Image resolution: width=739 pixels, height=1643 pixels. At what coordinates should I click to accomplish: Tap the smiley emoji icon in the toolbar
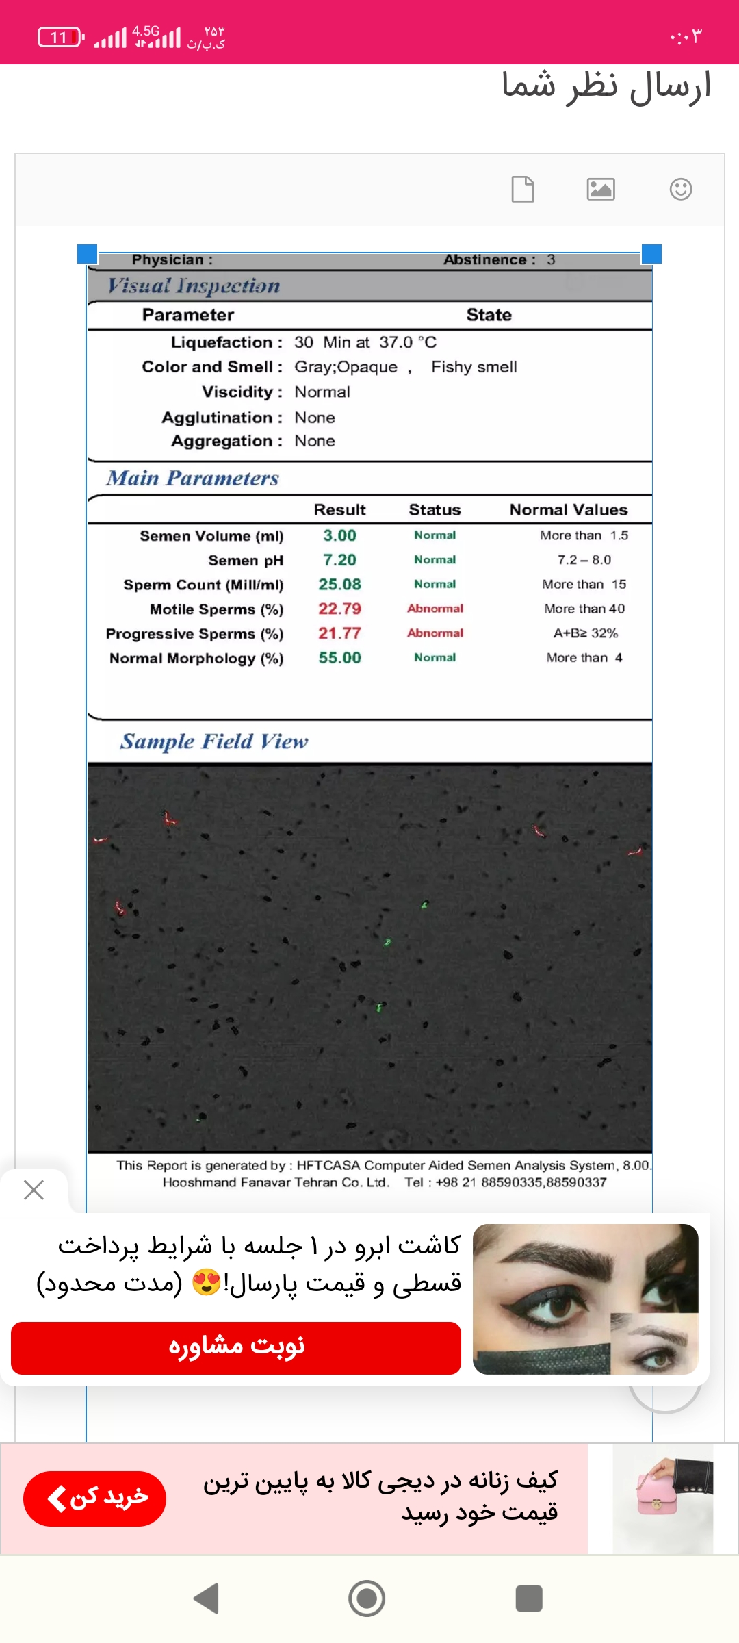pyautogui.click(x=681, y=189)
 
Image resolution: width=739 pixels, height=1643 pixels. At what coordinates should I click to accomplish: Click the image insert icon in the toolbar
pyautogui.click(x=601, y=189)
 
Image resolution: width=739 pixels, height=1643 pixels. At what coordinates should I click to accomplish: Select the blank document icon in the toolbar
pyautogui.click(x=523, y=189)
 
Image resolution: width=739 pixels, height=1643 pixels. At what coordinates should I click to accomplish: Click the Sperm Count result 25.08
pyautogui.click(x=339, y=585)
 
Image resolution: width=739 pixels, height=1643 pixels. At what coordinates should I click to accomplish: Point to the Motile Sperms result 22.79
pyautogui.click(x=339, y=609)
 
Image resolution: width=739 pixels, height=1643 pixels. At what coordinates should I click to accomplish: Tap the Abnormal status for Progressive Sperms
pyautogui.click(x=435, y=633)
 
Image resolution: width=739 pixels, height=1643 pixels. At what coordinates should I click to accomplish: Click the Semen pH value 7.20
pyautogui.click(x=339, y=560)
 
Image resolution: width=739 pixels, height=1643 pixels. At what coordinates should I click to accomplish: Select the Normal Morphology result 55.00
pyautogui.click(x=339, y=658)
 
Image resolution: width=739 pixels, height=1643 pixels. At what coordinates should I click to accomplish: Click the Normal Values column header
pyautogui.click(x=568, y=510)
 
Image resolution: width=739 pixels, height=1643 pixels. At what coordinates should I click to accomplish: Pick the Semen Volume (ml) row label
pyautogui.click(x=211, y=536)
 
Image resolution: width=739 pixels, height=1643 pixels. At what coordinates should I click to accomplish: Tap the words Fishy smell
pyautogui.click(x=474, y=367)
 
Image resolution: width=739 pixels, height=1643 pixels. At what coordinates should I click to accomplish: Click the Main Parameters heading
pyautogui.click(x=192, y=478)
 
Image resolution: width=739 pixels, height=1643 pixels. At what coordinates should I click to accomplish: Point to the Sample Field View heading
pyautogui.click(x=213, y=741)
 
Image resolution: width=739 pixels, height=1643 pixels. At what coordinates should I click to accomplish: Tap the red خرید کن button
pyautogui.click(x=94, y=1499)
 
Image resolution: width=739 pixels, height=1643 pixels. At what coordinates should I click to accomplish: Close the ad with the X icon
pyautogui.click(x=34, y=1190)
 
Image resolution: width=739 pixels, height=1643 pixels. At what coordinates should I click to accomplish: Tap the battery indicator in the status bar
pyautogui.click(x=60, y=37)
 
